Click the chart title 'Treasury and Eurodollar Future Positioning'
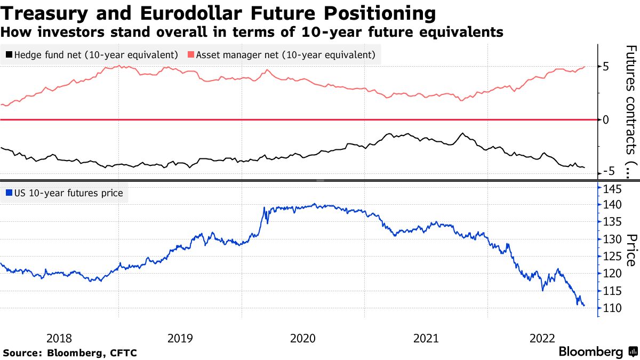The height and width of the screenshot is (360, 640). [218, 12]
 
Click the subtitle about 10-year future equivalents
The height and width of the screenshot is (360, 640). [252, 32]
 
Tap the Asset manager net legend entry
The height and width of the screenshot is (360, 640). [281, 55]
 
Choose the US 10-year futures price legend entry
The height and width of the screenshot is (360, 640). [64, 193]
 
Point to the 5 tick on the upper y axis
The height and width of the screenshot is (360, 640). [605, 67]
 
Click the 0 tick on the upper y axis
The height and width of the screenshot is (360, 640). [605, 119]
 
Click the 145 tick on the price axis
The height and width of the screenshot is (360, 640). [611, 189]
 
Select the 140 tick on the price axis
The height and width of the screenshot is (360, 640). [611, 205]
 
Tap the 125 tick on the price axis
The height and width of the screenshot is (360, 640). [611, 257]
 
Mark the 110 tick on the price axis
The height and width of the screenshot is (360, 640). [611, 308]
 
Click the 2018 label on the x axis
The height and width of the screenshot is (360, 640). [59, 338]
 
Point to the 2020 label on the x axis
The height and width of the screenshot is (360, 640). [303, 338]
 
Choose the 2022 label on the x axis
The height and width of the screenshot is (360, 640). [544, 338]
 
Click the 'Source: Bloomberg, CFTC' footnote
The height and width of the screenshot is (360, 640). [70, 353]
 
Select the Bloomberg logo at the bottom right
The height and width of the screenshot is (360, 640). [598, 352]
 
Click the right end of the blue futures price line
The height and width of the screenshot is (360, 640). [584, 306]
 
